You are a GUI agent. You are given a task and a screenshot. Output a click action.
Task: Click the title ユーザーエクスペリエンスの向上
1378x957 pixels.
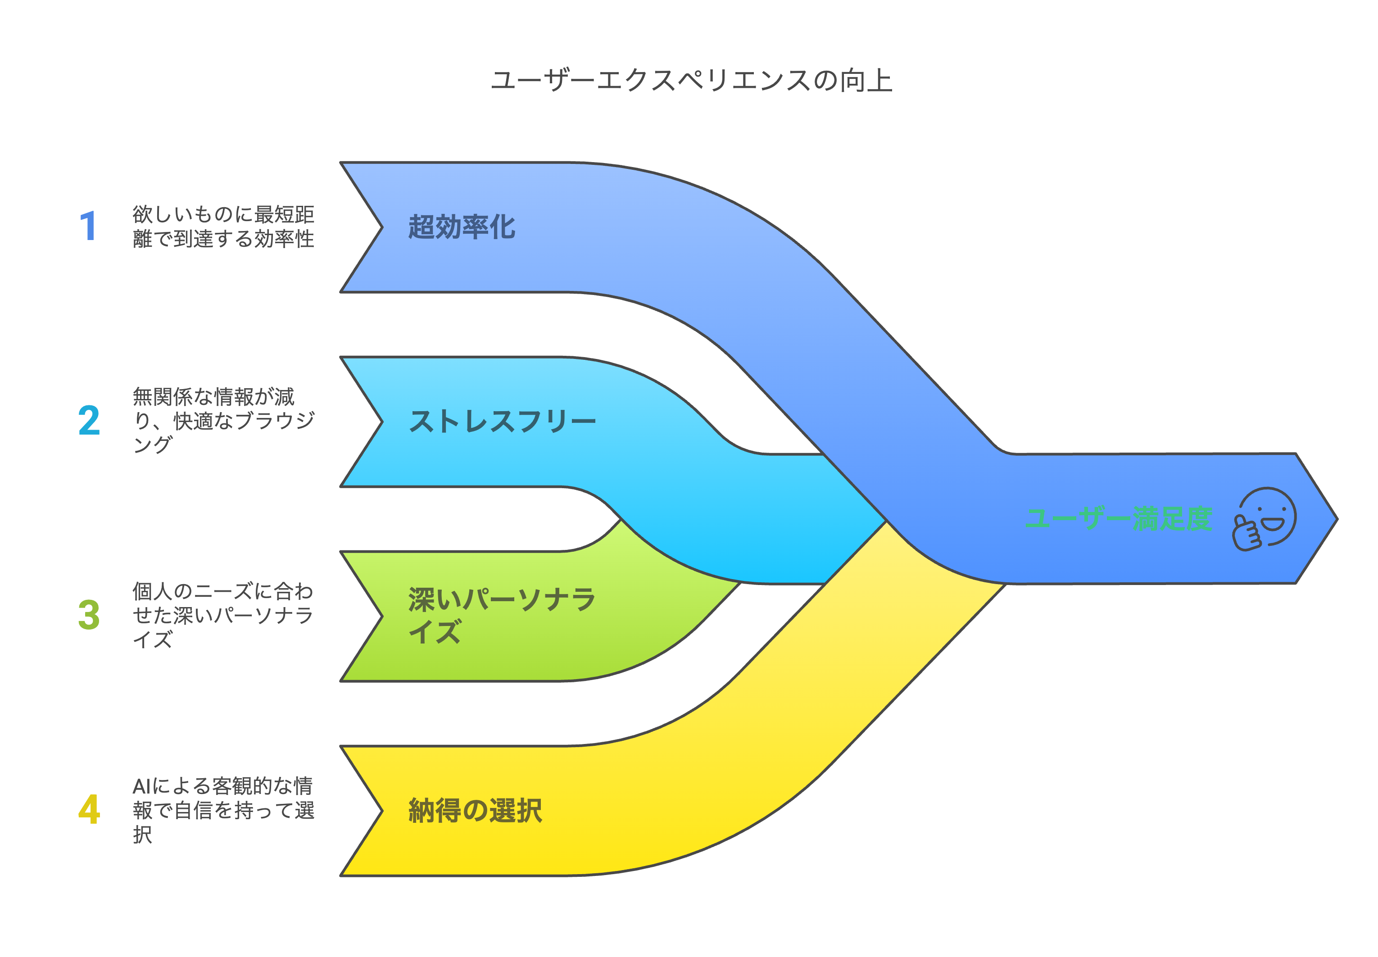[x=691, y=80]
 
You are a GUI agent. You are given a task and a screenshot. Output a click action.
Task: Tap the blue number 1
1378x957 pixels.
[x=88, y=226]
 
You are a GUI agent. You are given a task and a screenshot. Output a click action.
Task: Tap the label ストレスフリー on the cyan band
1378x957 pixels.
[x=502, y=422]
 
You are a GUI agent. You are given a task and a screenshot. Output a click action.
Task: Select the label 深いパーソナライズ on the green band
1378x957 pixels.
[x=501, y=615]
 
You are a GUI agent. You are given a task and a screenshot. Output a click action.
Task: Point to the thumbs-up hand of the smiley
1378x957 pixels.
[x=1246, y=533]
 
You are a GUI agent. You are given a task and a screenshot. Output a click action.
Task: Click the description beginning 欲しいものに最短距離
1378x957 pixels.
[x=223, y=226]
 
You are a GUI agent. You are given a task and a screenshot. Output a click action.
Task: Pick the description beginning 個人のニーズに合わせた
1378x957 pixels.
[x=223, y=615]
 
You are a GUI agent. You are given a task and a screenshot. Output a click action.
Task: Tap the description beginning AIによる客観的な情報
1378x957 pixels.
[x=223, y=809]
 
